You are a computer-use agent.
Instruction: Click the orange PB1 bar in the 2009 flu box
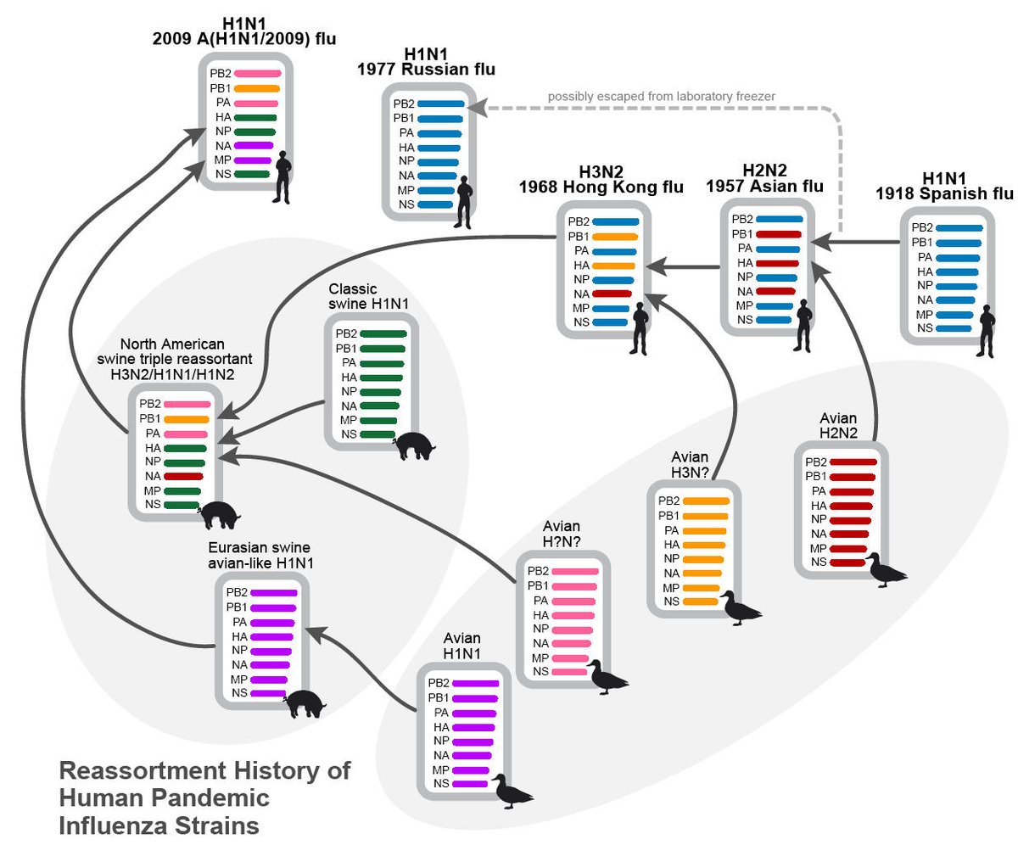coord(256,88)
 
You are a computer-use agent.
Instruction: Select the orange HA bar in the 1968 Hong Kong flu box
coord(614,266)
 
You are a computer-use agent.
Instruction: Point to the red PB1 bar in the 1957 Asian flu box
coord(778,233)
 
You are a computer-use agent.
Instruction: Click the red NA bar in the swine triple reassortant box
coord(184,476)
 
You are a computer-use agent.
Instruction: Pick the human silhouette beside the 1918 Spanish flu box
coord(986,333)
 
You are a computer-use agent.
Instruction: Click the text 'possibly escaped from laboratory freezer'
coord(661,97)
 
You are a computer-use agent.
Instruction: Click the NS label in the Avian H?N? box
coord(540,672)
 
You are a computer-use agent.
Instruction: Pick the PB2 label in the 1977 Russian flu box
coord(404,104)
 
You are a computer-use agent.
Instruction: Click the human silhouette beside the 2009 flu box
coord(282,176)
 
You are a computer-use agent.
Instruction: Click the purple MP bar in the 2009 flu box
coord(253,159)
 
